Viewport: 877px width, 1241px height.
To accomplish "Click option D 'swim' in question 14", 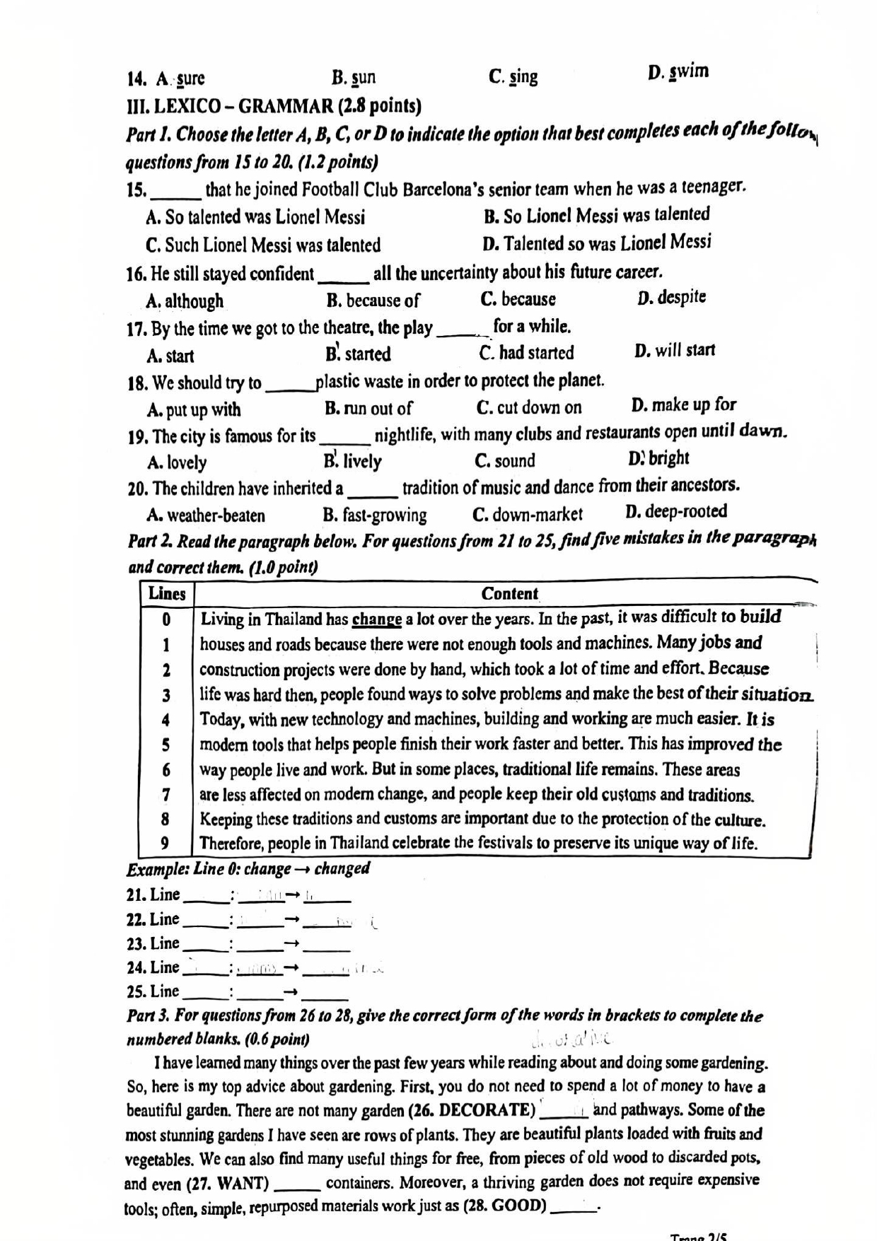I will pyautogui.click(x=678, y=72).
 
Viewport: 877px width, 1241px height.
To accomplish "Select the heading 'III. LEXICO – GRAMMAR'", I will pyautogui.click(x=273, y=106).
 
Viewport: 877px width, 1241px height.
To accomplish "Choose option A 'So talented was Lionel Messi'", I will pyautogui.click(x=255, y=217).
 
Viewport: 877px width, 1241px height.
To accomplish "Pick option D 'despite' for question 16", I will pyautogui.click(x=671, y=297).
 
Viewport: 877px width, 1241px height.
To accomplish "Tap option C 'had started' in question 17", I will pyautogui.click(x=526, y=352).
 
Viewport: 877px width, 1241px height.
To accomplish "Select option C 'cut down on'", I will pyautogui.click(x=529, y=407).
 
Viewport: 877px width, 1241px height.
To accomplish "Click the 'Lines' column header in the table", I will pyautogui.click(x=167, y=594).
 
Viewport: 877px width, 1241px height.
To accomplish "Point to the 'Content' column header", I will pyautogui.click(x=509, y=594).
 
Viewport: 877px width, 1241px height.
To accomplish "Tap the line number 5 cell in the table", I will pyautogui.click(x=166, y=745).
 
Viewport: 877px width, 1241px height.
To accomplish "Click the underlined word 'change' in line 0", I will pyautogui.click(x=377, y=620).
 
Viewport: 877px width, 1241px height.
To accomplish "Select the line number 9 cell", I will pyautogui.click(x=165, y=843).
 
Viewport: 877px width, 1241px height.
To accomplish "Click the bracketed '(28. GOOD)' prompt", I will pyautogui.click(x=504, y=1206).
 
